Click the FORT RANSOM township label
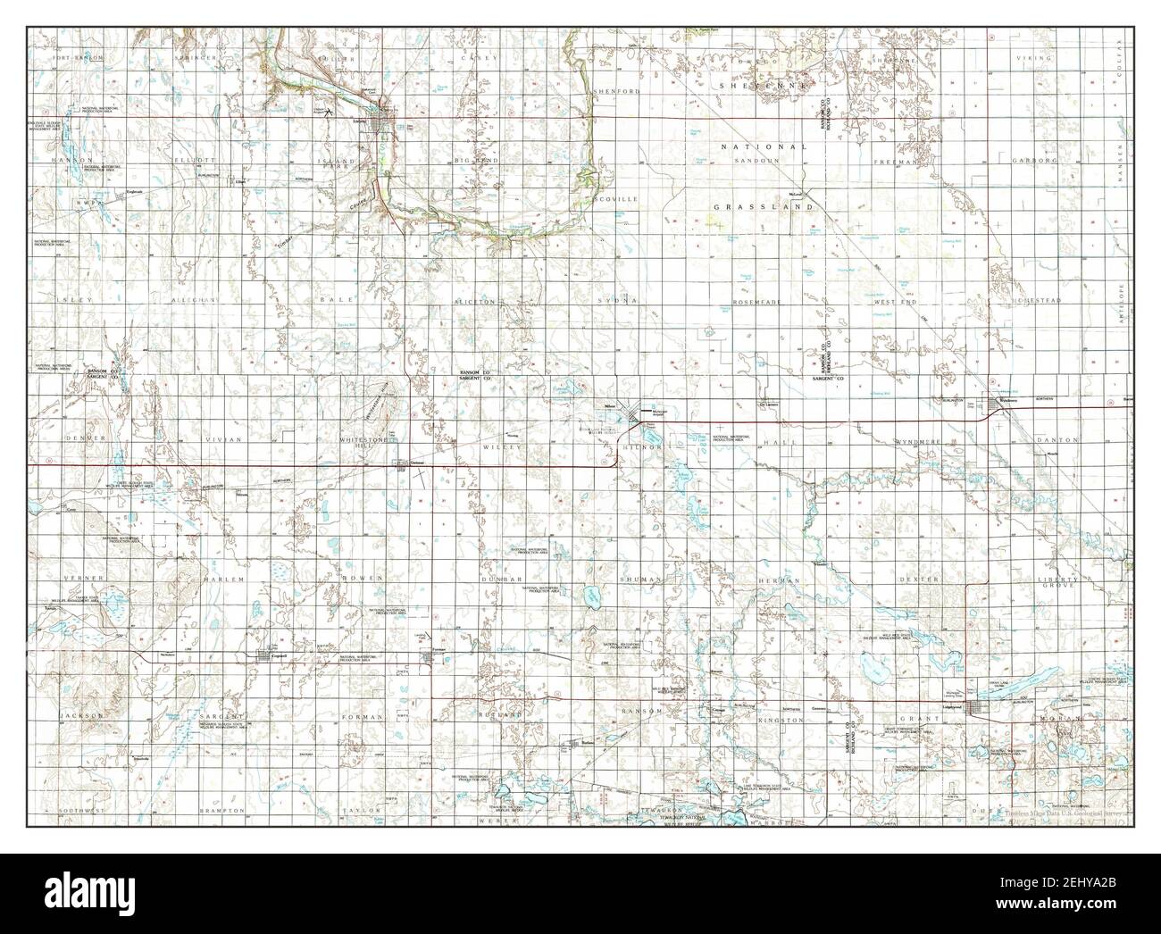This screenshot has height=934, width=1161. [x=79, y=58]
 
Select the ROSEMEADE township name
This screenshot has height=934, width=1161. [x=757, y=302]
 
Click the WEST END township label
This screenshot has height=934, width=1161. [x=894, y=302]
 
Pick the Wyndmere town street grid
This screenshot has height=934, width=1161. [x=998, y=407]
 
